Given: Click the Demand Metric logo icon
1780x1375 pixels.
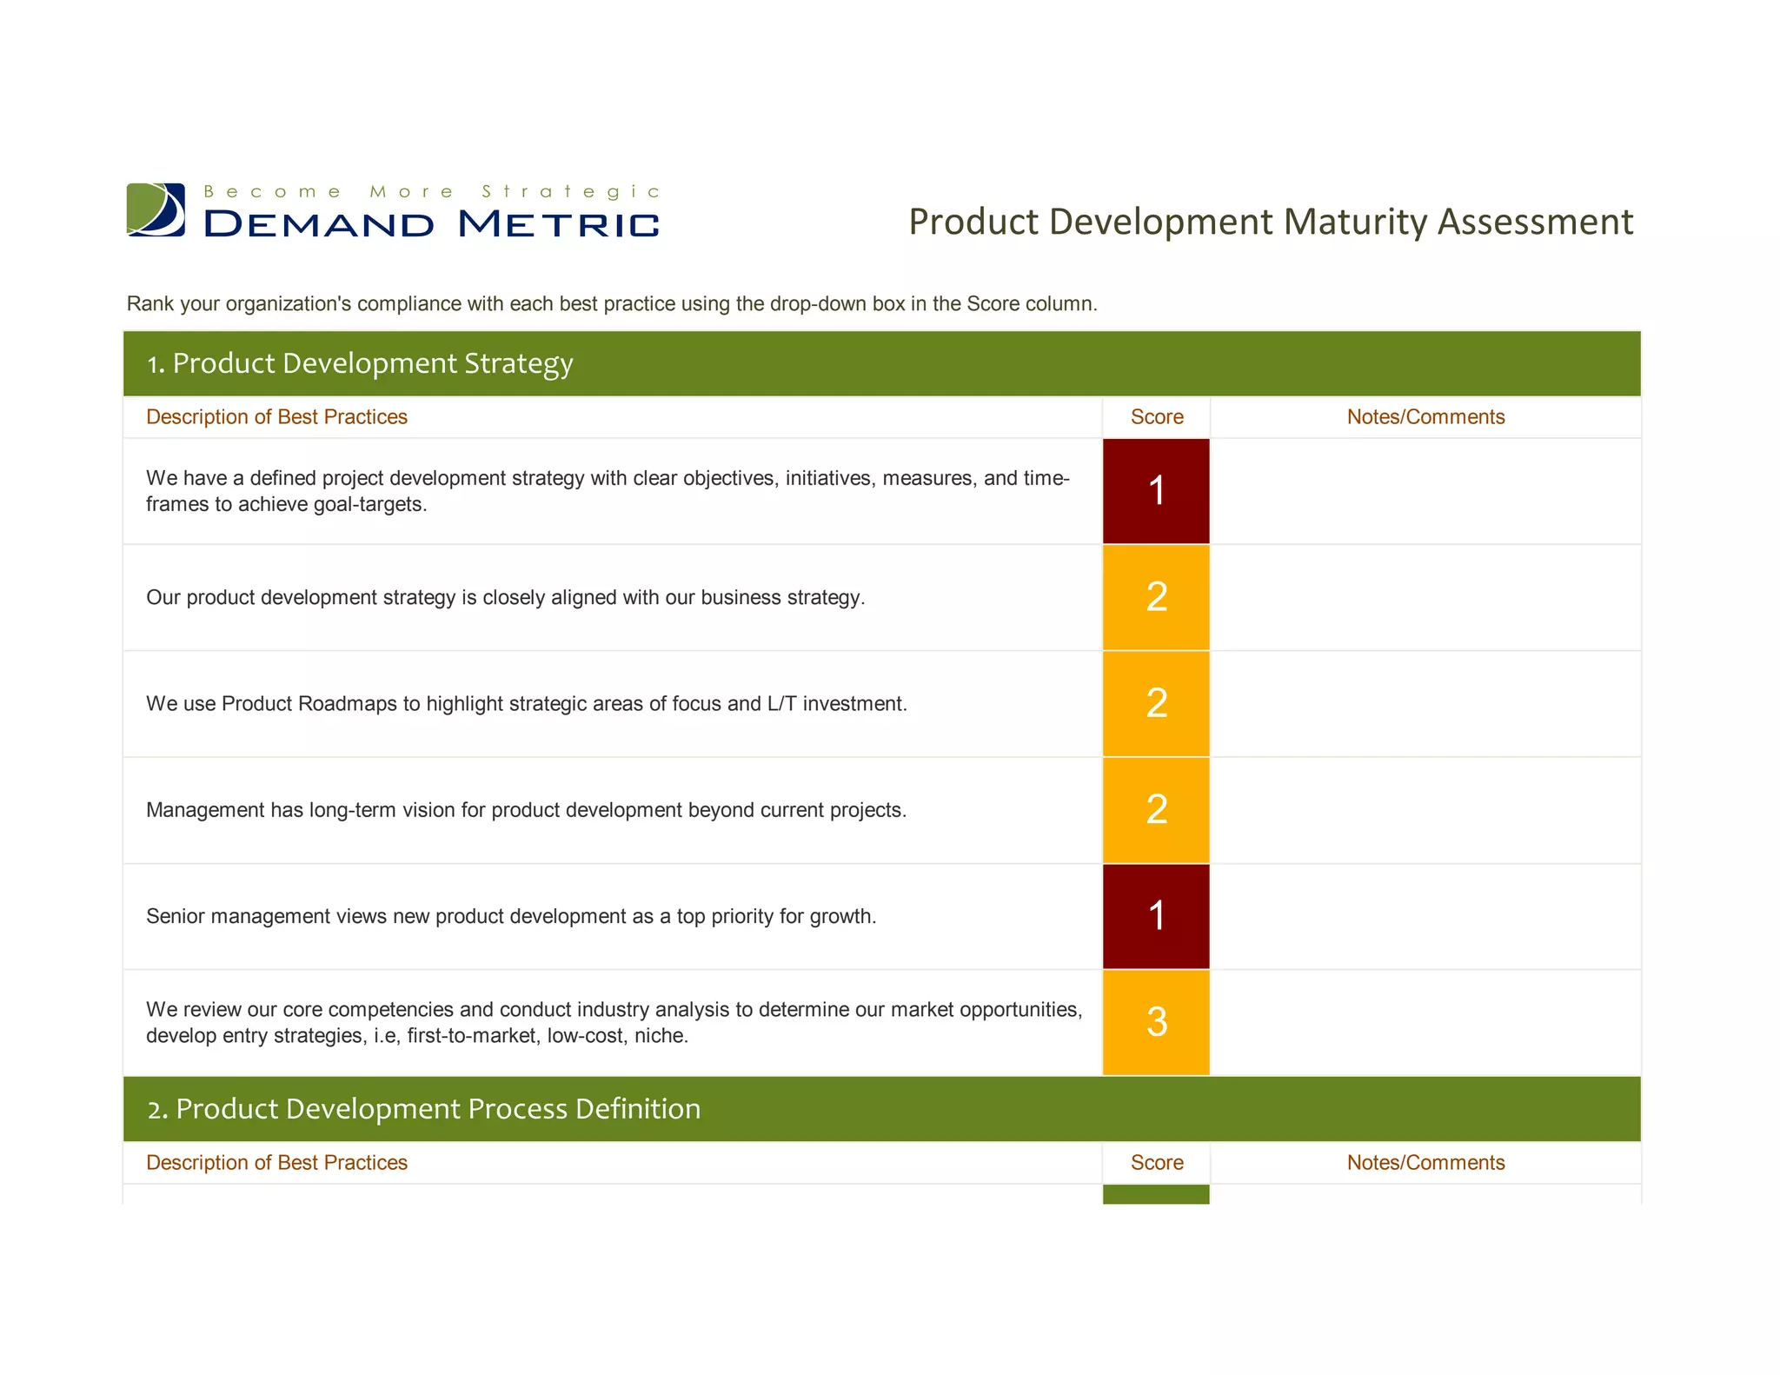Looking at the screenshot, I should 156,209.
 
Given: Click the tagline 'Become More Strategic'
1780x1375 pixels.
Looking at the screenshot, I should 432,191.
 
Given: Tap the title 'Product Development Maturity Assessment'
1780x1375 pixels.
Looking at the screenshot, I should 1270,222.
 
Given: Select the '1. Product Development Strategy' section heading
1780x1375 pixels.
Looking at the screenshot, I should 360,363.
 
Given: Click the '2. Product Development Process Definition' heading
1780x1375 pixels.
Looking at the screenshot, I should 424,1109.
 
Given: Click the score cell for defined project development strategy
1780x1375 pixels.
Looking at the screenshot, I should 1155,491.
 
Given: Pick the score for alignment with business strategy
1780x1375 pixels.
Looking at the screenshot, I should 1155,597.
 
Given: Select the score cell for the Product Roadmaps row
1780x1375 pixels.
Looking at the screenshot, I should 1155,703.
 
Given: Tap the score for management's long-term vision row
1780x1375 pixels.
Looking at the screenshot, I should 1155,810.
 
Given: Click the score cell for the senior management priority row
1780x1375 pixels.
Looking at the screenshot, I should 1155,916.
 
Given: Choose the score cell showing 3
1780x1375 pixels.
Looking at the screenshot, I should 1155,1022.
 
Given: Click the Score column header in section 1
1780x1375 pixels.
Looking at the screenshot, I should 1156,417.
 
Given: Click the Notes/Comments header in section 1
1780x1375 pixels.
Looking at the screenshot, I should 1425,417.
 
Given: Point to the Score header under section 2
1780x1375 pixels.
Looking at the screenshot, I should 1156,1163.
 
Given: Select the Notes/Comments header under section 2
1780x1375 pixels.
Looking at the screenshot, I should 1425,1163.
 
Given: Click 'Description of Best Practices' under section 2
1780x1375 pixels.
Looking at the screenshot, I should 276,1163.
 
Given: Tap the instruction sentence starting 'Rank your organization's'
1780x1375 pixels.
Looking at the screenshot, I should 612,304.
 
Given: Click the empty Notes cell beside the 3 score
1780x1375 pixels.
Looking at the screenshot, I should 1425,1022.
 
